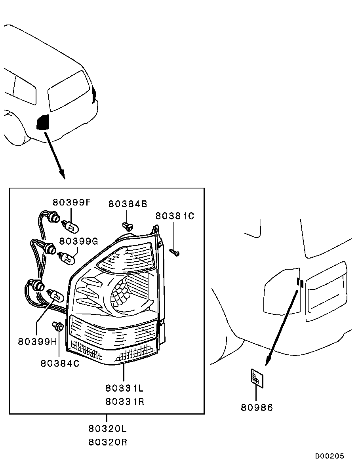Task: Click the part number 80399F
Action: pos(71,202)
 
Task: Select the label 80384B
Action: pos(128,204)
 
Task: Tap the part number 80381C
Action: pos(175,216)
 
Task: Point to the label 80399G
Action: pos(78,241)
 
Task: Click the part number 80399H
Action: pos(38,341)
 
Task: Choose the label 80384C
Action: pos(60,363)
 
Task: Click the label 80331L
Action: pos(124,388)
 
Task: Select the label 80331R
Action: pos(125,401)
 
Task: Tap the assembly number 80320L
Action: pos(107,429)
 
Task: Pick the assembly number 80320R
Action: pos(108,442)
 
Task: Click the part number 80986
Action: pos(257,407)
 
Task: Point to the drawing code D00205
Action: pos(330,456)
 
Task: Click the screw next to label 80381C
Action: pos(174,252)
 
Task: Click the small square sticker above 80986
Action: pos(257,378)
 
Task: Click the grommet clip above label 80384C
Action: pos(57,326)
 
